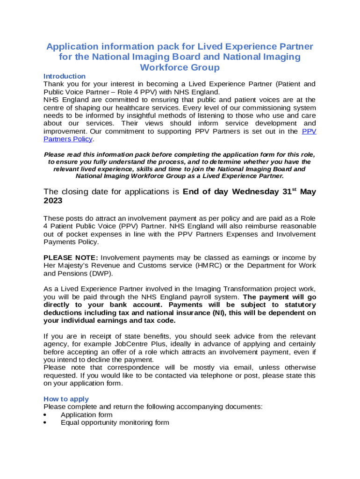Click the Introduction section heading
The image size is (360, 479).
coord(65,76)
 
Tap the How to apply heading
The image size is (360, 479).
coord(63,399)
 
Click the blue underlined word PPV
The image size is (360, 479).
coord(309,131)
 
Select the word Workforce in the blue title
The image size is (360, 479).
coord(162,67)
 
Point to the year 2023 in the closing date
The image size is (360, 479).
coord(52,200)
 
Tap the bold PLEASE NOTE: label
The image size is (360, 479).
coord(71,258)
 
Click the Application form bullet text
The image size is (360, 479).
coord(86,415)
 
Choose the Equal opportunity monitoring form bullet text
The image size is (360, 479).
coord(115,423)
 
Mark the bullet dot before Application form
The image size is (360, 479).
coord(45,415)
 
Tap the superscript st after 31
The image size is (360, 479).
coord(294,189)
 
